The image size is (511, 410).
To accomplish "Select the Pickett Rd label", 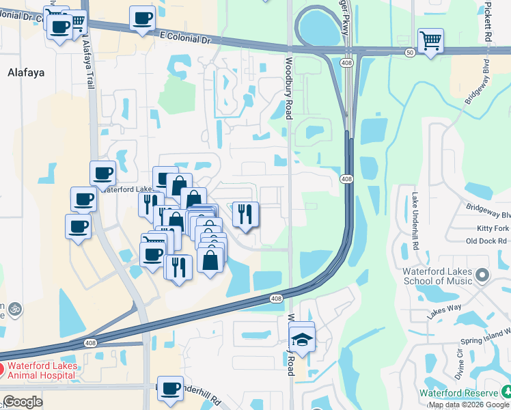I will pyautogui.click(x=488, y=24).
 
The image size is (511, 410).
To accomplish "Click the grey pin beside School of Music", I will pyautogui.click(x=483, y=275).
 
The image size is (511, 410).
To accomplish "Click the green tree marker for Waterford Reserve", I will pyautogui.click(x=506, y=392).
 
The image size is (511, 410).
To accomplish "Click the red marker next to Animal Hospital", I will pyautogui.click(x=1, y=370).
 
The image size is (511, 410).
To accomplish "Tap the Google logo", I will pyautogui.click(x=23, y=402).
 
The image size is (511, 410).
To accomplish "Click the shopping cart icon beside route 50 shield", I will pyautogui.click(x=430, y=40).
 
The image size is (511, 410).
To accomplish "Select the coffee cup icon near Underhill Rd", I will pyautogui.click(x=170, y=388).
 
